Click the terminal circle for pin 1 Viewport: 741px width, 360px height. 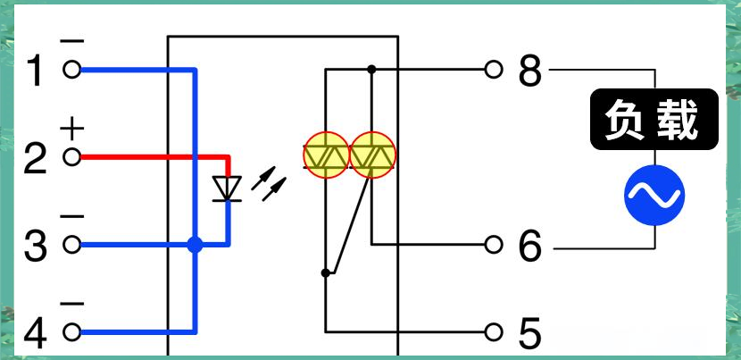(71, 70)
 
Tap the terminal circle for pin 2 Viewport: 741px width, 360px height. (71, 157)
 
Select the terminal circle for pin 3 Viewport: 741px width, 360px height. (71, 245)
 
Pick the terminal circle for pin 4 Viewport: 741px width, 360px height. (71, 332)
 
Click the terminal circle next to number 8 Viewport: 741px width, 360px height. (493, 70)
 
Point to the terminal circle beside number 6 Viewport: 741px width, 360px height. (493, 245)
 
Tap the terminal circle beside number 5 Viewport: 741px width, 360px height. (493, 331)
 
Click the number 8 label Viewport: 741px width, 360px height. (530, 71)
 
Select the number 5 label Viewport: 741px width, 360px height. (530, 333)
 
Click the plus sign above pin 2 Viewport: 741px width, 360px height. (72, 129)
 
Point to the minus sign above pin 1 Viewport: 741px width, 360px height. (72, 42)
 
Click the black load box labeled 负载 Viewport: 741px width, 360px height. (654, 119)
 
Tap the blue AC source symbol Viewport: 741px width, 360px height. (654, 195)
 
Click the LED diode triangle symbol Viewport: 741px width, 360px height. (228, 188)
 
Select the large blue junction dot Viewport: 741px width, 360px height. (195, 245)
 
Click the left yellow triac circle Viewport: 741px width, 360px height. (326, 155)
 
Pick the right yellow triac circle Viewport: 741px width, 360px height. (372, 155)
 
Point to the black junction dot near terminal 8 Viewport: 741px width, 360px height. (371, 70)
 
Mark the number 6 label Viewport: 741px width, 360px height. (530, 246)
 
